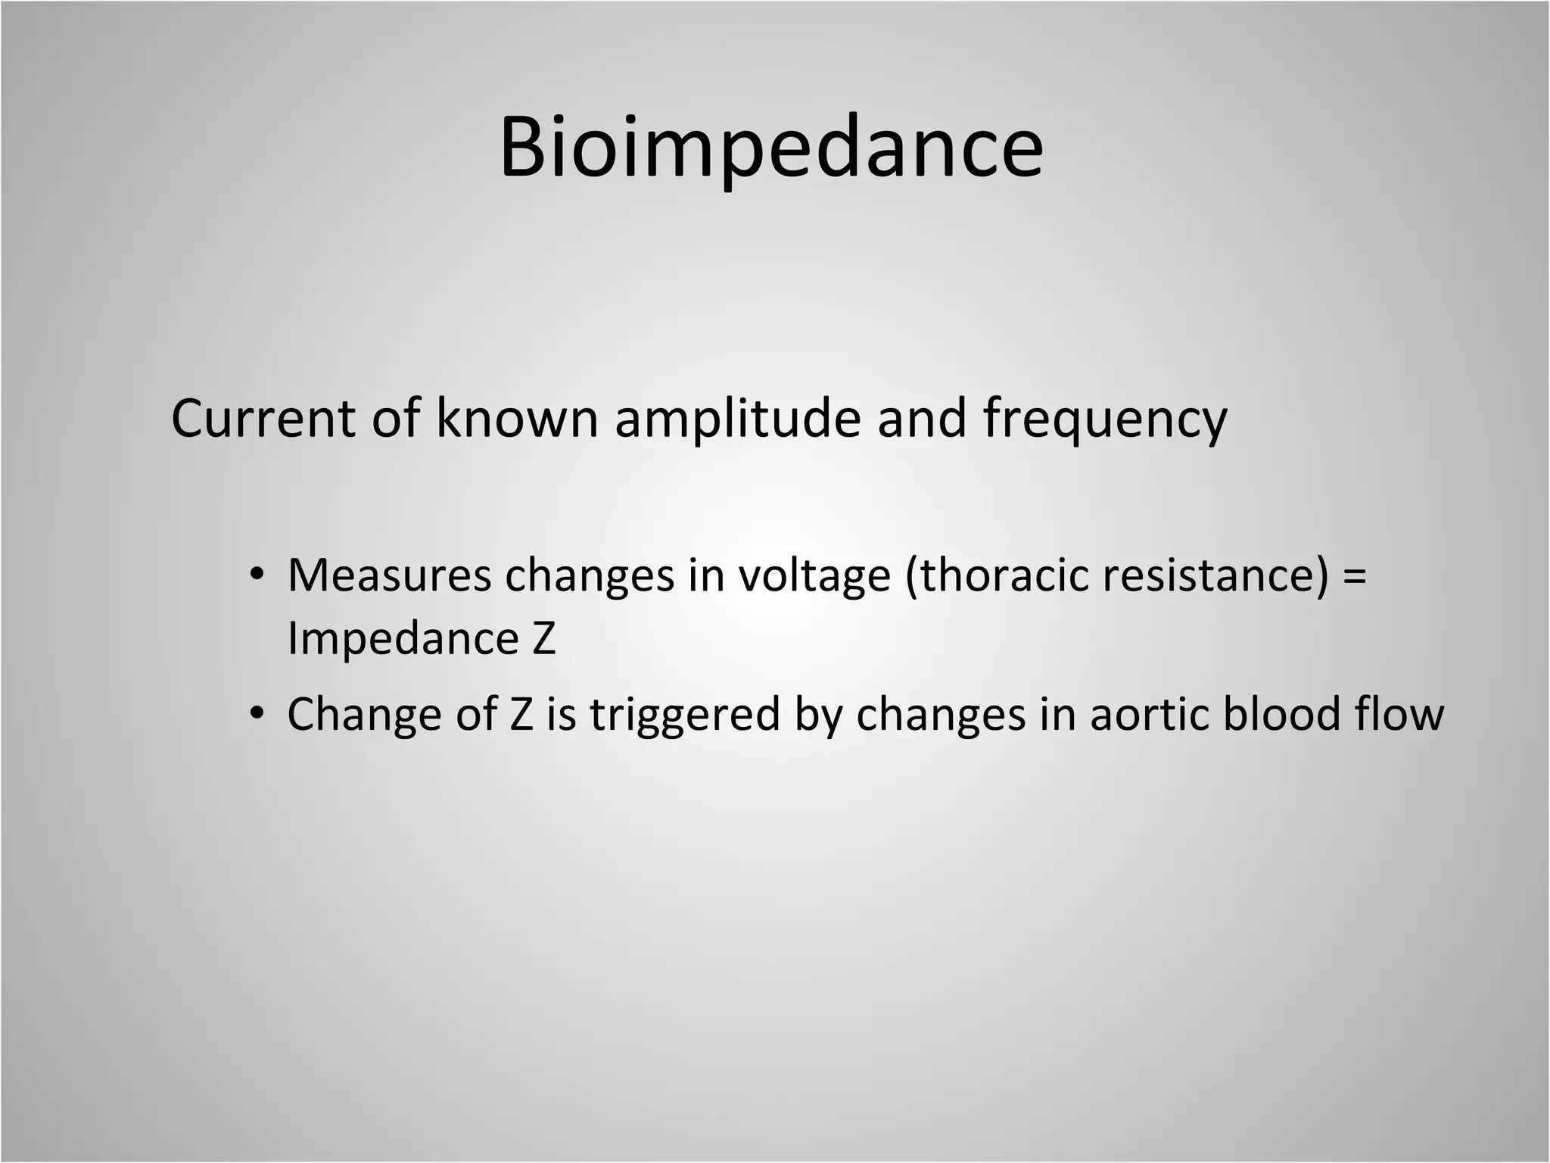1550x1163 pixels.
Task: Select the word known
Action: pyautogui.click(x=517, y=419)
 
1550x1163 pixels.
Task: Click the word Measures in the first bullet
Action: pyautogui.click(x=389, y=575)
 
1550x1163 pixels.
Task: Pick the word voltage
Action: pyautogui.click(x=814, y=575)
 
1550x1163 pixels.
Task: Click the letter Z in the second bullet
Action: pyautogui.click(x=521, y=714)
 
